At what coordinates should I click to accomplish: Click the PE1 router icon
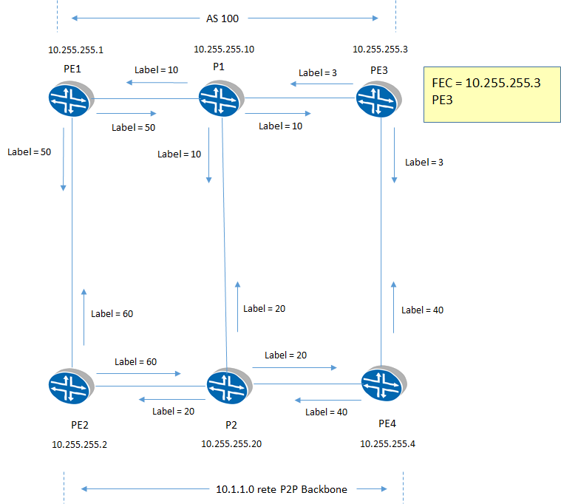click(70, 98)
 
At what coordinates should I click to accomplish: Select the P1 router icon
click(220, 98)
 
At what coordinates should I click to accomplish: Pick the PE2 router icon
click(70, 386)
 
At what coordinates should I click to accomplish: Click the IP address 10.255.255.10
click(224, 50)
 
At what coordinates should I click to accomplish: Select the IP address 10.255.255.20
click(231, 444)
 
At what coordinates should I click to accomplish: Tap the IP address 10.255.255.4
click(388, 443)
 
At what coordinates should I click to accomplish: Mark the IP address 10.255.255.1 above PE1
click(76, 50)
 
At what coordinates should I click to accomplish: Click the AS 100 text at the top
click(223, 17)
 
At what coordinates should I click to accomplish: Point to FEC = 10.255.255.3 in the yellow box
click(486, 84)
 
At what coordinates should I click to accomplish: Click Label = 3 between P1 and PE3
click(319, 73)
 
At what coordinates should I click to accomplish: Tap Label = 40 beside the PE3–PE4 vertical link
click(422, 310)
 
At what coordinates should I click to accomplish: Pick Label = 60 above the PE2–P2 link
click(135, 362)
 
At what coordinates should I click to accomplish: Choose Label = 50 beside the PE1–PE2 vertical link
click(29, 151)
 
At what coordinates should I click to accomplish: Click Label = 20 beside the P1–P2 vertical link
click(264, 308)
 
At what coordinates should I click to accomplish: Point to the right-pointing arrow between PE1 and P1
click(133, 114)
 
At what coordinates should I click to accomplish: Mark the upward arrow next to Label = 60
click(84, 316)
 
